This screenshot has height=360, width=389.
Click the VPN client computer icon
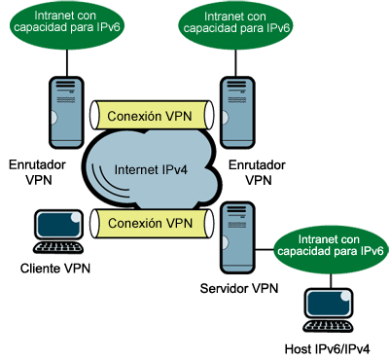click(58, 232)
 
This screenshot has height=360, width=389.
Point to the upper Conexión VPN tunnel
click(151, 115)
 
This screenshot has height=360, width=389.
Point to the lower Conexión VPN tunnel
click(151, 223)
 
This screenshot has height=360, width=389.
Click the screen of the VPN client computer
click(56, 225)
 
